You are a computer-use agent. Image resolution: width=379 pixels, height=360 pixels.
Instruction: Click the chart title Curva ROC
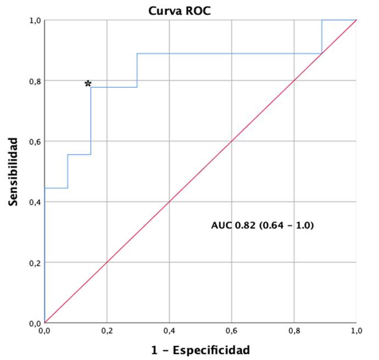174,10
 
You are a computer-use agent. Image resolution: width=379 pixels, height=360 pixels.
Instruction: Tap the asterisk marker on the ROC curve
88,84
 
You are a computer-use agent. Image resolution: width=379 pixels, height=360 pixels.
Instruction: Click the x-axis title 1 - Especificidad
201,350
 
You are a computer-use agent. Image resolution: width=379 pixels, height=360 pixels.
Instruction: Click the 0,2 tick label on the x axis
107,331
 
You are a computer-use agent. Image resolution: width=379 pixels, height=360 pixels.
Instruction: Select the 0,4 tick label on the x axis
170,331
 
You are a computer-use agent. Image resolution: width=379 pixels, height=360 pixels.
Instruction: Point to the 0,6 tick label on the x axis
232,331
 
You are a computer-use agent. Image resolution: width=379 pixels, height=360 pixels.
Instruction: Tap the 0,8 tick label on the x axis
294,331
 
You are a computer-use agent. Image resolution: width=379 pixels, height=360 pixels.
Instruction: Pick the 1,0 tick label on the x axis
356,331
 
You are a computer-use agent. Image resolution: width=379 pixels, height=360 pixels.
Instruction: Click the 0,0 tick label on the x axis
45,331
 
